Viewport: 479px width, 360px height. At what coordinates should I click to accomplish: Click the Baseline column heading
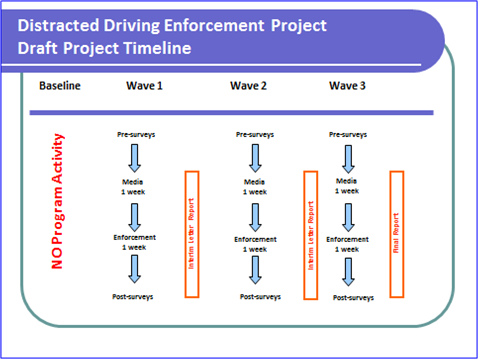click(60, 86)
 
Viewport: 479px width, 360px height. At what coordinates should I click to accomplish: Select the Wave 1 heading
click(144, 86)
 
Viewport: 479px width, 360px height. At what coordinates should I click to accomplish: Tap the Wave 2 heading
click(248, 86)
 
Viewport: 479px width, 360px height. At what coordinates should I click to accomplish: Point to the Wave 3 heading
click(347, 86)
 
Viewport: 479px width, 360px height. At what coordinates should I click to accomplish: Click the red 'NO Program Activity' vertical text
click(58, 201)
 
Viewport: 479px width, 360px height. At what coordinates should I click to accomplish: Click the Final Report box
click(397, 234)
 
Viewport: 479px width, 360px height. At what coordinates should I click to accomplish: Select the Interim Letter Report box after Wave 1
click(192, 234)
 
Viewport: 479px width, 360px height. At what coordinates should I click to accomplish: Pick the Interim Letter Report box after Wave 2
click(311, 235)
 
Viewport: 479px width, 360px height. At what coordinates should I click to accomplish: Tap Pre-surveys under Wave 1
click(135, 135)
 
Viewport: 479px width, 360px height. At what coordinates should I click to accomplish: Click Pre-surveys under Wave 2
click(255, 135)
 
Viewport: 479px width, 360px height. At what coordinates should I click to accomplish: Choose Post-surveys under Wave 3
click(353, 298)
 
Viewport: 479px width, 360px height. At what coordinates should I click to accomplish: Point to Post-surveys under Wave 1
click(133, 297)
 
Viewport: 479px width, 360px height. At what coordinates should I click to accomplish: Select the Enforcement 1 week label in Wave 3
click(348, 244)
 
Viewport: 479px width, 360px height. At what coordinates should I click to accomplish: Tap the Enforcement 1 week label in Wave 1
click(135, 243)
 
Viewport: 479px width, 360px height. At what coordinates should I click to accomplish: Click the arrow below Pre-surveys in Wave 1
click(134, 158)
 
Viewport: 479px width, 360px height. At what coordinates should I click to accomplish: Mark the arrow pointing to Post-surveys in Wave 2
click(255, 269)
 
